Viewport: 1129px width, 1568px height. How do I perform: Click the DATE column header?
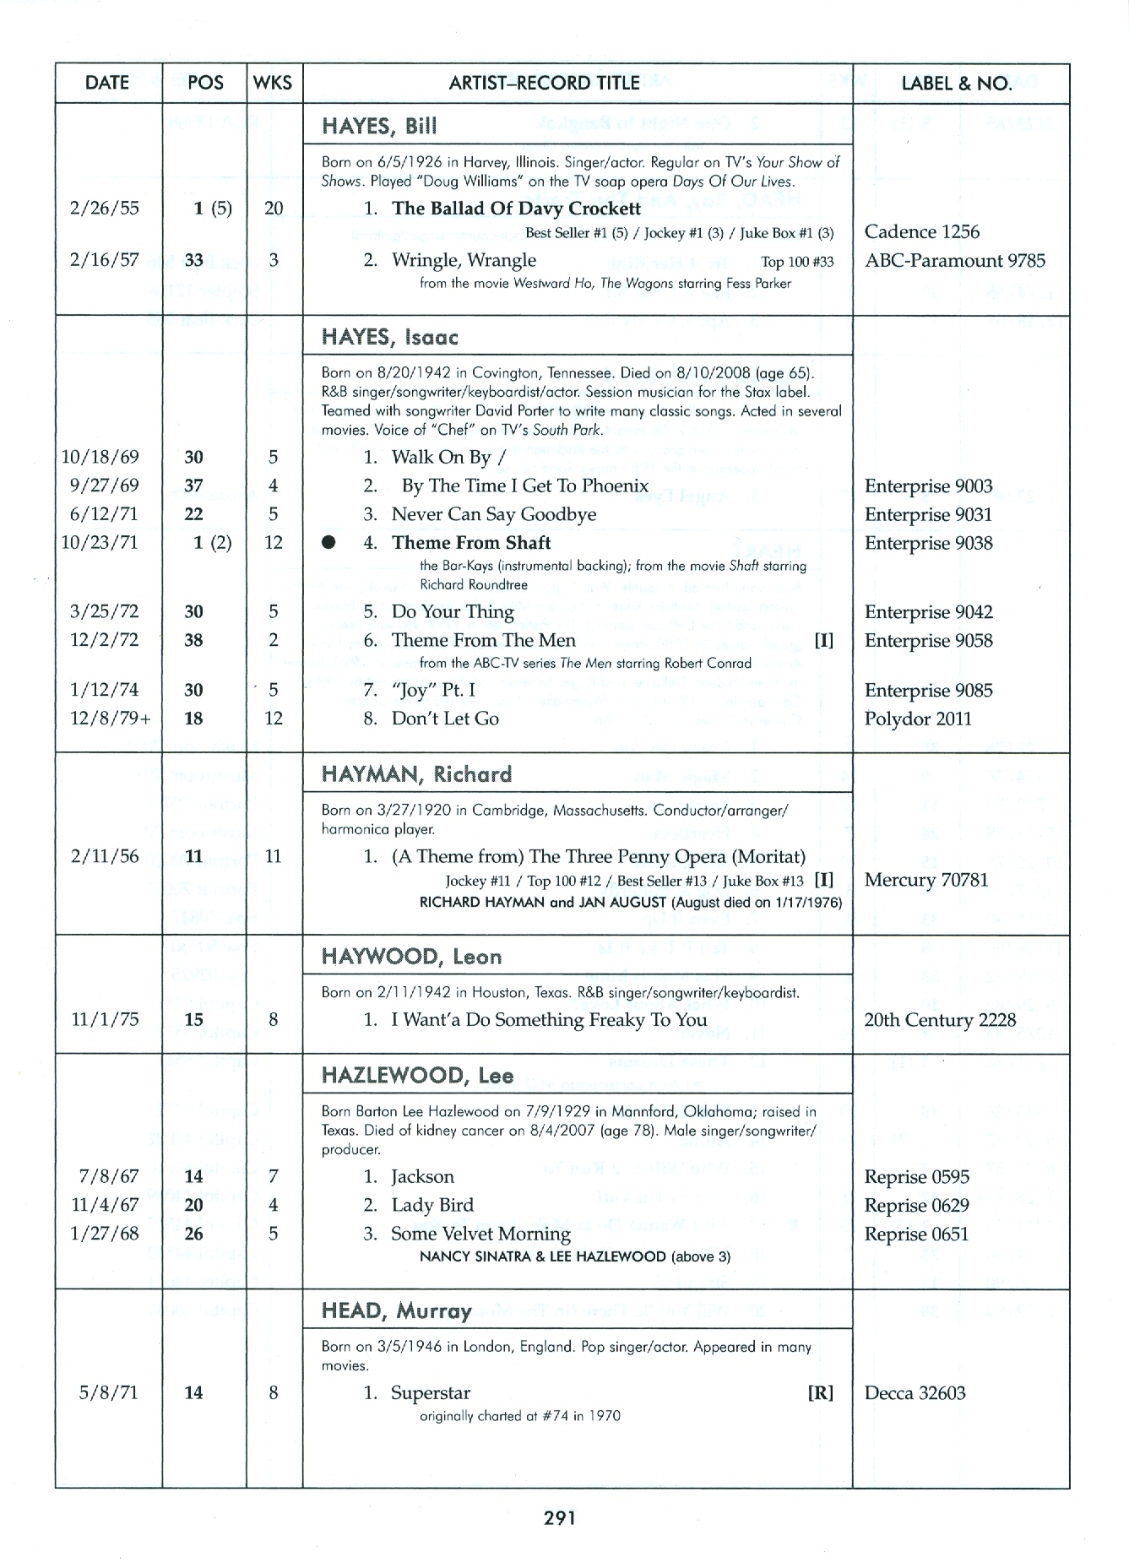[107, 83]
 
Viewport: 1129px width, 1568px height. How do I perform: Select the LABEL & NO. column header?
[957, 83]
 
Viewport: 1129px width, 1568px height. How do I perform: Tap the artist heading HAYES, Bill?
[379, 127]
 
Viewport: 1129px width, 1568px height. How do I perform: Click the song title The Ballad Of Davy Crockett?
[516, 209]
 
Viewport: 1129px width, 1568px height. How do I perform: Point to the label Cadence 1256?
[922, 232]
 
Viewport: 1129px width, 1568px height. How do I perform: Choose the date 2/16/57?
[105, 260]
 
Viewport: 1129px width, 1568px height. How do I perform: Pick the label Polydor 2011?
[918, 719]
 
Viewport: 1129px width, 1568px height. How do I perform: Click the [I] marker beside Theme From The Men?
[823, 641]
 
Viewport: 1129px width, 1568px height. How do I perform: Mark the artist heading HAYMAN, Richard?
[416, 774]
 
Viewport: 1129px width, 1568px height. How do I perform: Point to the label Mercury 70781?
[925, 880]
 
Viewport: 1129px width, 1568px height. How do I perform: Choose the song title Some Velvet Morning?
[480, 1234]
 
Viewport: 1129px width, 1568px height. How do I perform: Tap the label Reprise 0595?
[916, 1177]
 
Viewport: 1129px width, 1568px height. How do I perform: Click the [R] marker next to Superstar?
[821, 1393]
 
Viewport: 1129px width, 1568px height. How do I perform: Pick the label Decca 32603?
[915, 1393]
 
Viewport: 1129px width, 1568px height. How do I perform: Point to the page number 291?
[560, 1518]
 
